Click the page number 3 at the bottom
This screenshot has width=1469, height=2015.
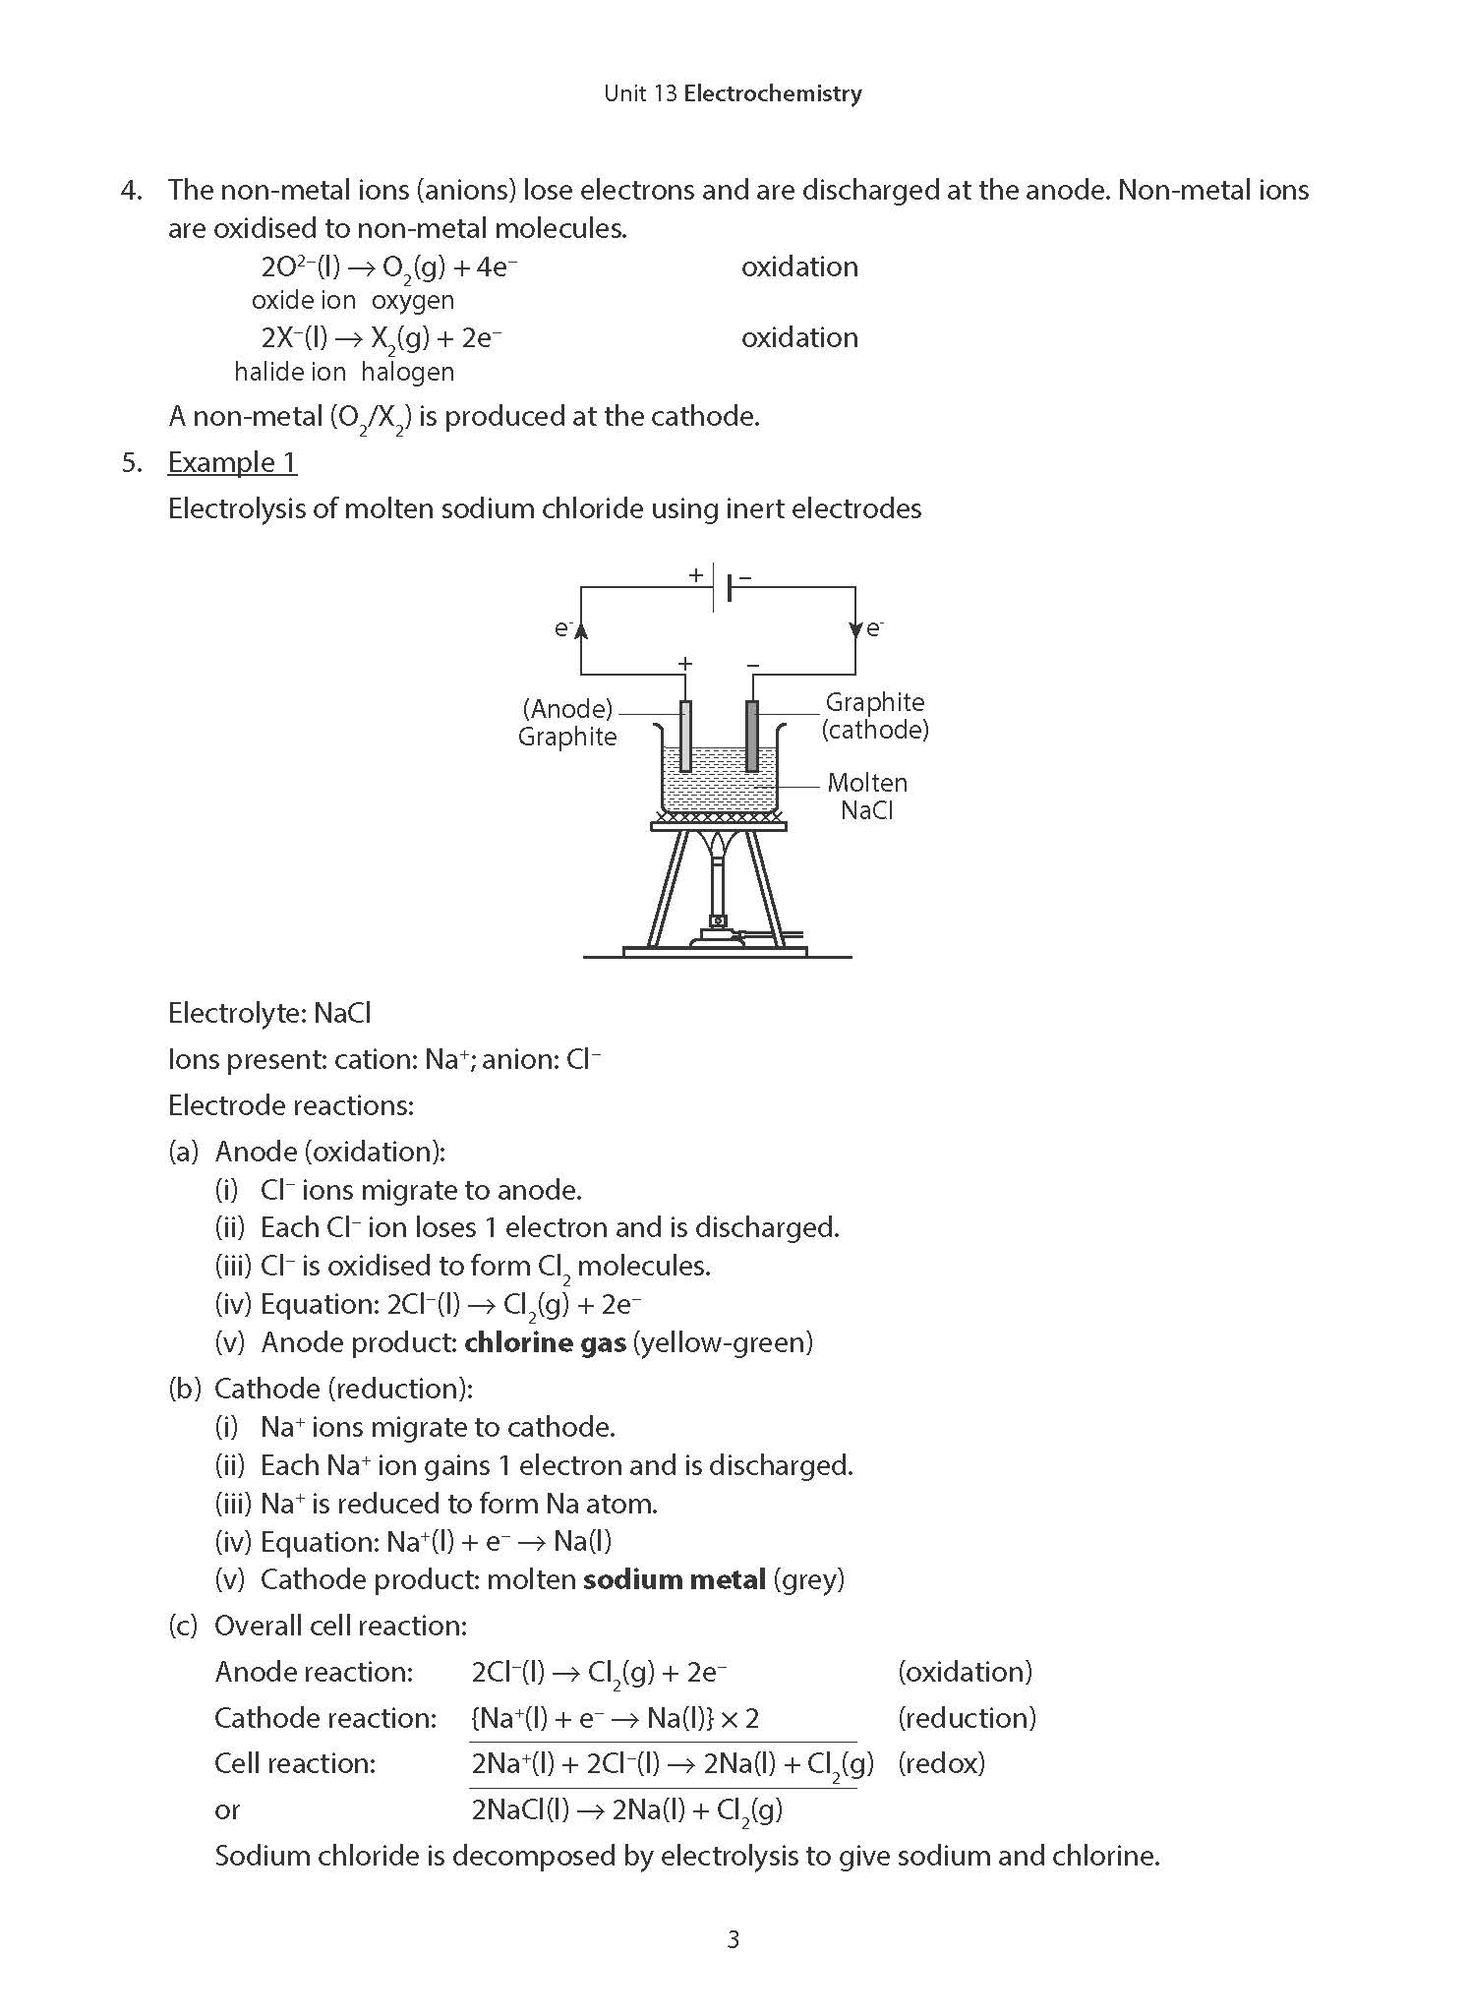click(733, 1939)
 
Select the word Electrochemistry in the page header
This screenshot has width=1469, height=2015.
click(773, 93)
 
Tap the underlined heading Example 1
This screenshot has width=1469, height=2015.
click(232, 462)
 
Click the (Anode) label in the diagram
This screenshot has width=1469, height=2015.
click(567, 708)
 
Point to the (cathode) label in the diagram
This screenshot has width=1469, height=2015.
click(875, 730)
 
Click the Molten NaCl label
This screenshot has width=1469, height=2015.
click(867, 797)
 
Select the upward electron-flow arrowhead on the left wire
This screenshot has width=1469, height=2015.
click(581, 629)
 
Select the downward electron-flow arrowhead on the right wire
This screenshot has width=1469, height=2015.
click(855, 629)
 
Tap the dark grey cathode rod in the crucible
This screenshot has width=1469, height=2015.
click(752, 736)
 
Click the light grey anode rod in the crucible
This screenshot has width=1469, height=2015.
click(685, 736)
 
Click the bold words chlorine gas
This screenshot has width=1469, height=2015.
click(545, 1342)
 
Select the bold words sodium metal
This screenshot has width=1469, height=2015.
click(674, 1580)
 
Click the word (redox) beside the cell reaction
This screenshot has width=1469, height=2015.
click(941, 1763)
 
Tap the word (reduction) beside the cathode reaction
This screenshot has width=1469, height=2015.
click(967, 1717)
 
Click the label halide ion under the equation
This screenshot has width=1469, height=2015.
click(290, 372)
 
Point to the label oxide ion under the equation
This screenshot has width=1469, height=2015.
click(304, 300)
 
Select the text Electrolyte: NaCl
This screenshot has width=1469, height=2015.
click(269, 1013)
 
